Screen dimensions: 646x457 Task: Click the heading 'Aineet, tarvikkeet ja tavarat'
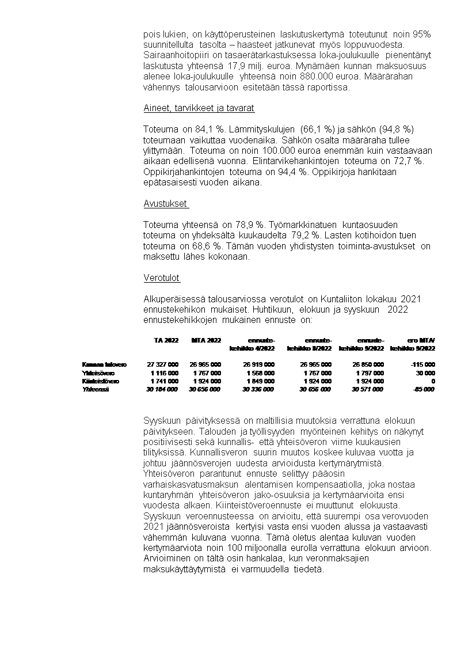coord(199,108)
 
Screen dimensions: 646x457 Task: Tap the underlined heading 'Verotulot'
coord(162,278)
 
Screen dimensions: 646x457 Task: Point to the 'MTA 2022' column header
coord(205,340)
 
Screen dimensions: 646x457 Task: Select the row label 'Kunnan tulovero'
coord(104,364)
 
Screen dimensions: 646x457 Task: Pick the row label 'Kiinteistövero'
coord(101,381)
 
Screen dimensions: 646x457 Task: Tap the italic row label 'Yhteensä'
coord(96,389)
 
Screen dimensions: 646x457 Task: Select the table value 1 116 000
coord(164,373)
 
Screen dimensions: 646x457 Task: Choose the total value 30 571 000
coord(367,389)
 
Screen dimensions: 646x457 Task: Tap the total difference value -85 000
coord(423,389)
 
